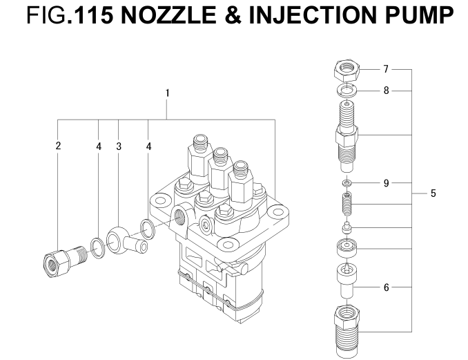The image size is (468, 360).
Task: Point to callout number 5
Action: pos(433,194)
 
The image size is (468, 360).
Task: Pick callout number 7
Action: pos(386,69)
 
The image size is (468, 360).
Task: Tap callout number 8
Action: pos(386,91)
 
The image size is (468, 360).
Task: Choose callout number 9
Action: pos(386,182)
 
